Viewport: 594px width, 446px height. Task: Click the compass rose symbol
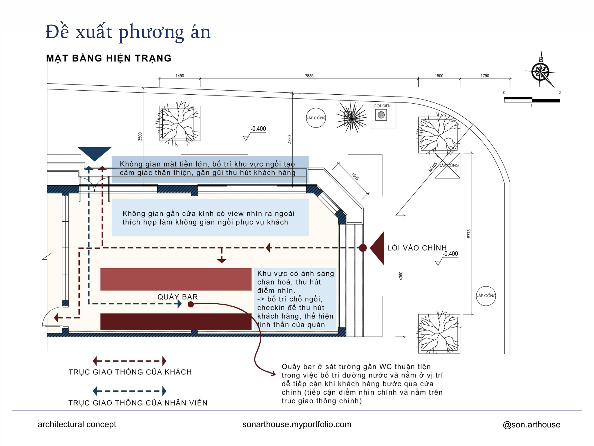click(x=540, y=72)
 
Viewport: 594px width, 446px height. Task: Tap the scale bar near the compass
click(x=532, y=100)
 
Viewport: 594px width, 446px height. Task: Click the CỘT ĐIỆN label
click(x=382, y=106)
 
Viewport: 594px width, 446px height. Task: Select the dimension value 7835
click(x=309, y=76)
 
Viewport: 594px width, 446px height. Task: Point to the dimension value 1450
click(x=180, y=76)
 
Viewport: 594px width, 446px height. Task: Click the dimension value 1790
click(x=485, y=76)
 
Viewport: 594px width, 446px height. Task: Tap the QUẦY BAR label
click(x=178, y=297)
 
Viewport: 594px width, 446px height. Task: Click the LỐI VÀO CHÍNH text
click(x=417, y=248)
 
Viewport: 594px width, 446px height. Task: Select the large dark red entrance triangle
click(x=377, y=248)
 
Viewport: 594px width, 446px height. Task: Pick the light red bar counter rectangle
click(x=176, y=279)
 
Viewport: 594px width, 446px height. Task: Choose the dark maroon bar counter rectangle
click(x=176, y=321)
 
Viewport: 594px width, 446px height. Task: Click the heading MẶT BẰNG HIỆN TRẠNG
click(x=109, y=58)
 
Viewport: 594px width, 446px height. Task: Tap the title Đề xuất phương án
click(x=128, y=32)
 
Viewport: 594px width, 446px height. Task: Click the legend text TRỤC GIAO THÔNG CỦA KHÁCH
click(x=130, y=372)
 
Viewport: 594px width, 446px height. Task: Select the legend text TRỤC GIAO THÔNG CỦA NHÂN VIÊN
click(x=138, y=403)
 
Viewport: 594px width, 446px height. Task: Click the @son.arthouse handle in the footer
click(x=532, y=425)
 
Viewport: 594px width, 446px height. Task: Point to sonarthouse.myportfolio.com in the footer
click(x=297, y=425)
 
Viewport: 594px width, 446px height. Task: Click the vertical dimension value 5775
click(x=469, y=234)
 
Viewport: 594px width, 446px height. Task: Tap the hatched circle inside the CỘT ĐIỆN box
click(x=381, y=115)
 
